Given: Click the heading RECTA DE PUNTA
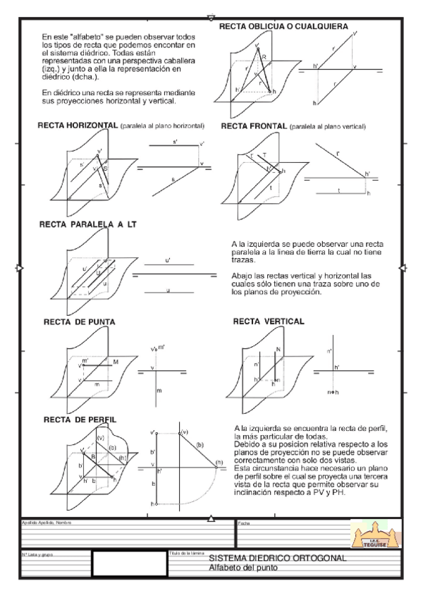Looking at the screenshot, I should [x=80, y=322].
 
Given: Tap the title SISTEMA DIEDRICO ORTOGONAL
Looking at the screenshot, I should [x=278, y=559].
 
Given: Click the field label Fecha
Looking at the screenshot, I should [x=244, y=523].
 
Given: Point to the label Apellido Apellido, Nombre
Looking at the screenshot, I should [x=47, y=523].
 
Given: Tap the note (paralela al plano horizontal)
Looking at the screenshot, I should [x=162, y=127].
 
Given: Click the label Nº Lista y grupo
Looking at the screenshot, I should [x=38, y=555].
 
